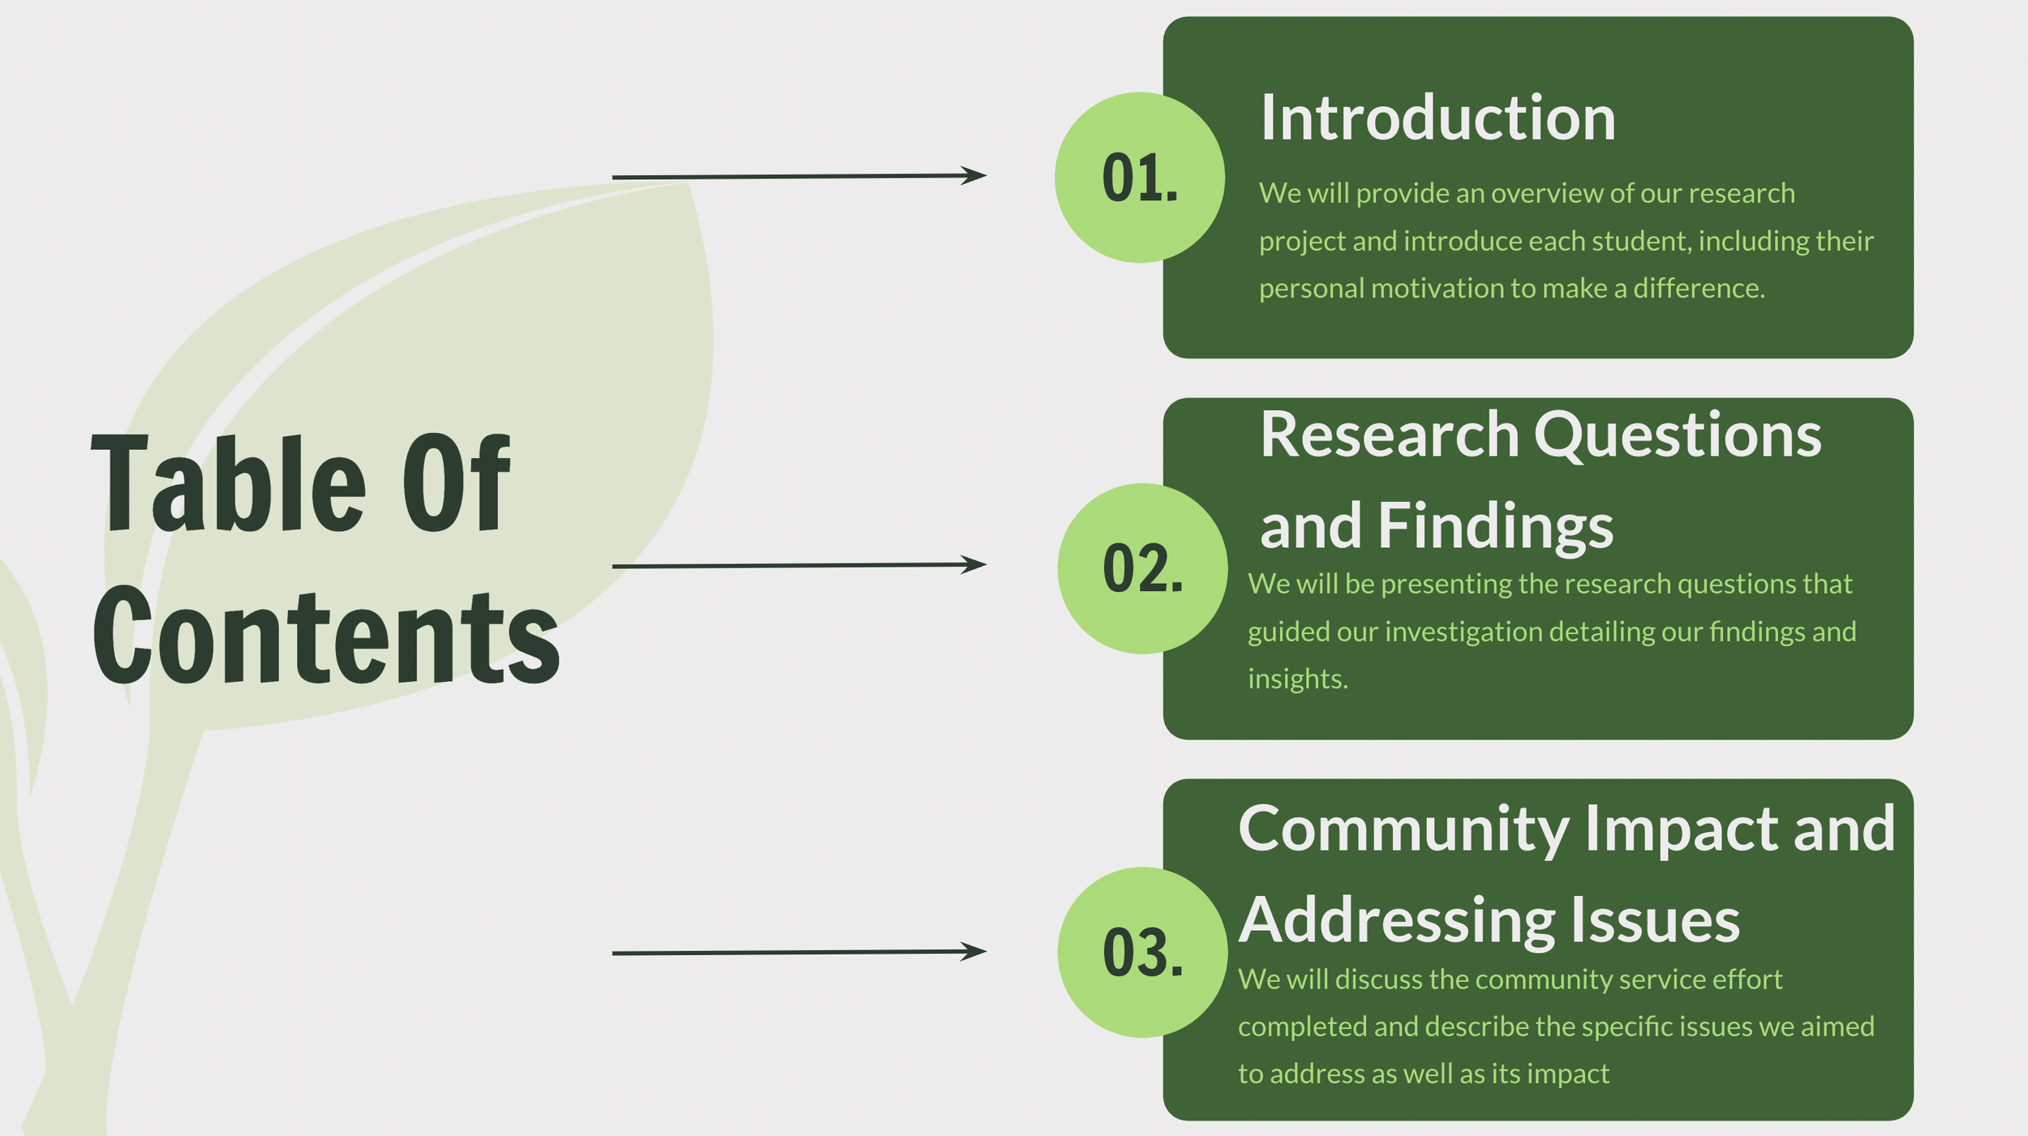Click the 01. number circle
[1139, 178]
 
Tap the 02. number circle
[1142, 568]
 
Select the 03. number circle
[1142, 952]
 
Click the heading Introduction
[1437, 118]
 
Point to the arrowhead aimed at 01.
[975, 175]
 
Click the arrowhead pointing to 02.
[975, 564]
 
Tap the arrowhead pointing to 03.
[975, 951]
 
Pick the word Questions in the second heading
[1678, 436]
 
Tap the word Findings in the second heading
[1495, 527]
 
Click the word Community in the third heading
[1403, 830]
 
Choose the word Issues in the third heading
[1655, 921]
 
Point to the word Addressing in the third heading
[1396, 921]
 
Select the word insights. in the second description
[1297, 679]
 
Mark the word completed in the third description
[1301, 1027]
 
